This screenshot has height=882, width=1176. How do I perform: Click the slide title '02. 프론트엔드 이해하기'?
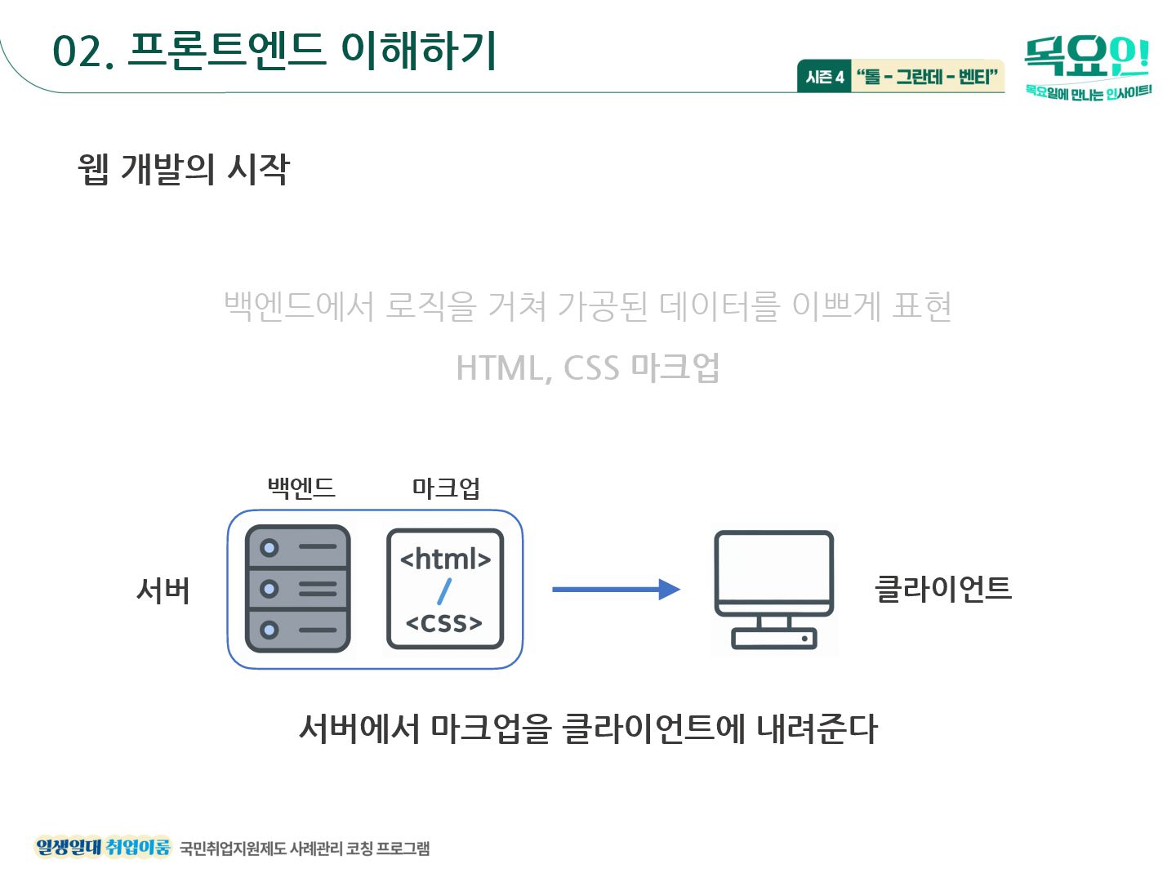coord(274,51)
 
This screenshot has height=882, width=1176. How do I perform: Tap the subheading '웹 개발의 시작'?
coord(184,169)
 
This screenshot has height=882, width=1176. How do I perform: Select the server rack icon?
coord(298,589)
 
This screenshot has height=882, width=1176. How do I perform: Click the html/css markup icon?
coord(445,589)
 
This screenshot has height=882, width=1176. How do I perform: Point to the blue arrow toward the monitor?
coord(616,589)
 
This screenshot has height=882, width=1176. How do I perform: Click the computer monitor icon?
coord(774,589)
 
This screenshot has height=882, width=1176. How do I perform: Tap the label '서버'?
coord(163,590)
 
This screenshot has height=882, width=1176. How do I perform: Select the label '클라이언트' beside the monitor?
coord(942,588)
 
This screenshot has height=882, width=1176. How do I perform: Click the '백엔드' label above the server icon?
coord(301,488)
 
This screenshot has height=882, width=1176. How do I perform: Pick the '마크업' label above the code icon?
coord(446,488)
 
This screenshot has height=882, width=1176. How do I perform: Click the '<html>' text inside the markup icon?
coord(445,559)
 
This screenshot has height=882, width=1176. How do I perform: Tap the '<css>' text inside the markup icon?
coord(444,623)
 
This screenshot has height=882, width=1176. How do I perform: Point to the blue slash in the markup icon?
coord(444,591)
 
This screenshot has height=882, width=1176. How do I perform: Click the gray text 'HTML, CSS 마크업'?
coord(588,367)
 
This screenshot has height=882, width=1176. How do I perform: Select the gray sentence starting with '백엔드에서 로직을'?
coord(588,306)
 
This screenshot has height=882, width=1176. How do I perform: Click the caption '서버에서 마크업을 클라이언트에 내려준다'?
coord(588,728)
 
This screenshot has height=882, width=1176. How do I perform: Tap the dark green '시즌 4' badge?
coord(825,77)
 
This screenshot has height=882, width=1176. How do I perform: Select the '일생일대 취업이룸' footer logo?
coord(103,847)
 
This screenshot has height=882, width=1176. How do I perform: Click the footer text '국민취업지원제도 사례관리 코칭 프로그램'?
coord(305,849)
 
